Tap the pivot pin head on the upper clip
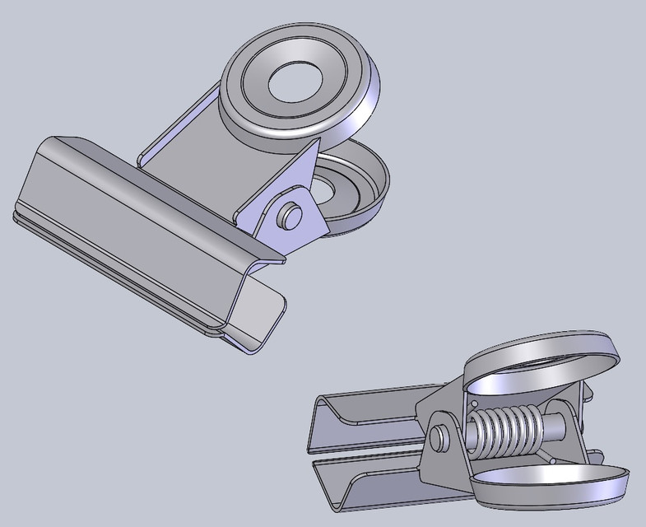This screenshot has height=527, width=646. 288,216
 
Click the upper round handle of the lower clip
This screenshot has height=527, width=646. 543,362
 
